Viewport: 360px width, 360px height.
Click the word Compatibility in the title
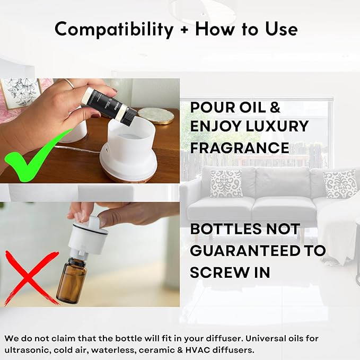point(114,30)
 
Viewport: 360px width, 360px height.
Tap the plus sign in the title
point(184,30)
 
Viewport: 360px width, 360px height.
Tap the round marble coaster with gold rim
point(156,116)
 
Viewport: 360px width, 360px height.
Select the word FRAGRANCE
point(240,148)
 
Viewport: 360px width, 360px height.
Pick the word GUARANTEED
point(245,251)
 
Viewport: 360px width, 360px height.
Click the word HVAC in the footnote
point(198,350)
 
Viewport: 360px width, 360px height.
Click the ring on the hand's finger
point(69,84)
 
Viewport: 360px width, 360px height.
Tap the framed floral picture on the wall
point(21,93)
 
